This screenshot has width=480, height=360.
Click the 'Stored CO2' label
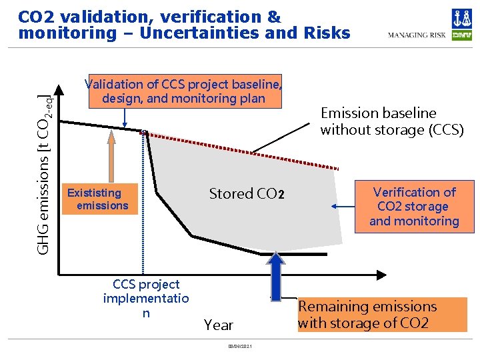(x=247, y=194)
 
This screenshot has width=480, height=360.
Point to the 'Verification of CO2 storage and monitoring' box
(x=414, y=207)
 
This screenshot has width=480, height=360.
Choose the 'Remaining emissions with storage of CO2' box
(x=382, y=315)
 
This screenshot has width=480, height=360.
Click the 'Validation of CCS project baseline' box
(x=183, y=91)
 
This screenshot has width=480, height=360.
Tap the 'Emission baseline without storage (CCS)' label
(x=391, y=121)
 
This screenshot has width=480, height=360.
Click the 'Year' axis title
(x=219, y=325)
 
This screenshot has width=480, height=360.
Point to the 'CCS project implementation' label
(x=146, y=299)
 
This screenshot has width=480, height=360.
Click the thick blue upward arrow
(x=276, y=274)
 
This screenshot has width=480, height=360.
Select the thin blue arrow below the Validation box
(x=125, y=117)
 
